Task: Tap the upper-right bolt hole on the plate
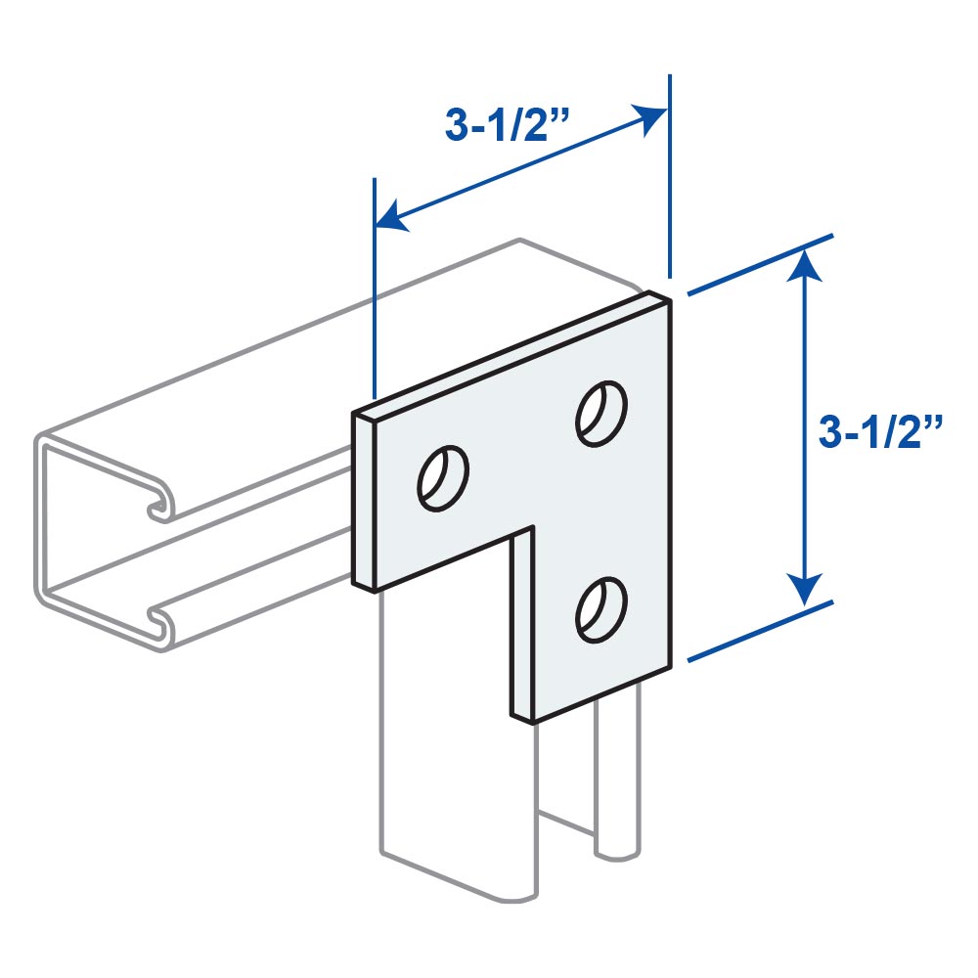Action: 601,413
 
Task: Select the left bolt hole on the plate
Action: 443,478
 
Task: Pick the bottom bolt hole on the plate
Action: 601,610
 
